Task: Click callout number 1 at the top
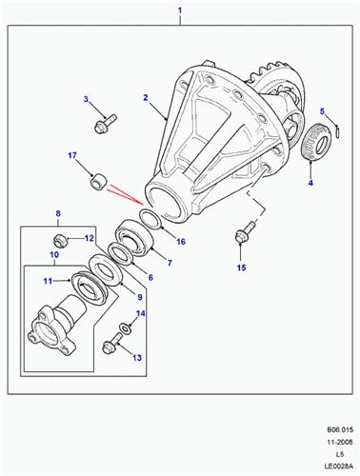coord(180,10)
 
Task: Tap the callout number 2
coord(146,98)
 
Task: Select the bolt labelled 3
coord(106,124)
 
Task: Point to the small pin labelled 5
coord(338,132)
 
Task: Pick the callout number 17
coord(72,155)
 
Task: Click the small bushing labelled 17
coord(99,182)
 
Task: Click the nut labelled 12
coord(59,242)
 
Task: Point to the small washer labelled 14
coord(126,327)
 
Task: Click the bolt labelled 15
coord(246,233)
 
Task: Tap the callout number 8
coord(58,213)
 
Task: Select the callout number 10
coord(54,255)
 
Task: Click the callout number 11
coord(48,281)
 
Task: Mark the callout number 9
coord(140,297)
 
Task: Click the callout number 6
coord(150,278)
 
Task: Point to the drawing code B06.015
coord(340,430)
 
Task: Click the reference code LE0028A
coord(338,466)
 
